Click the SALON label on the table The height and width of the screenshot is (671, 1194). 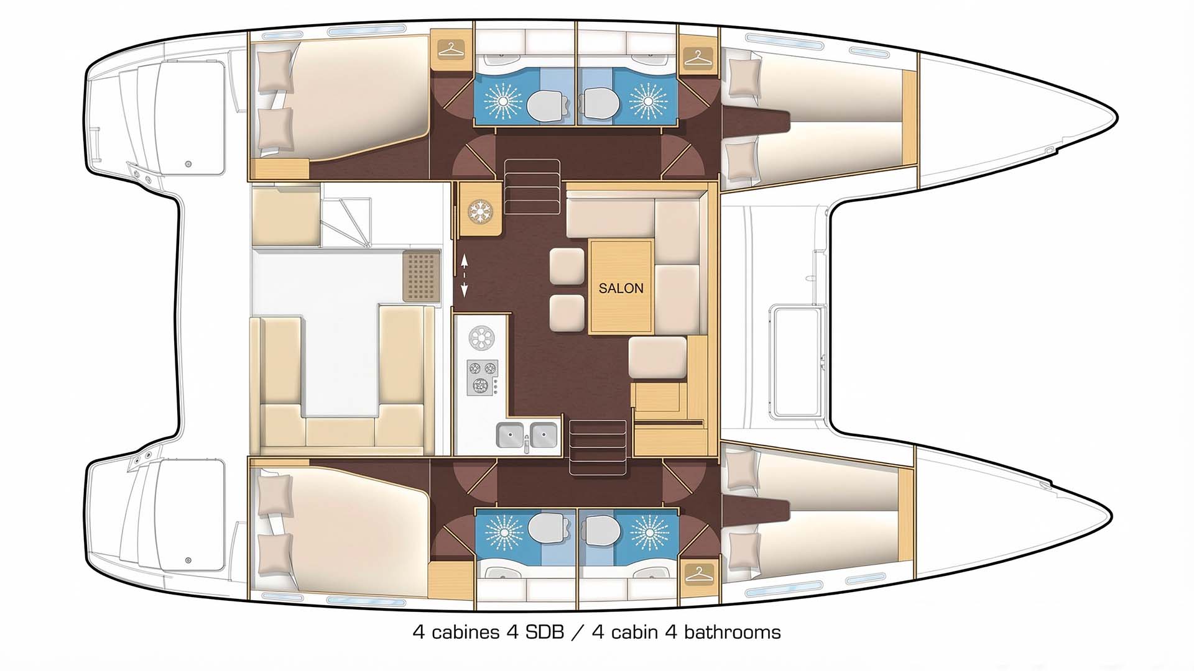pos(621,288)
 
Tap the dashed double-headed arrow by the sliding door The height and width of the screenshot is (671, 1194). pos(464,275)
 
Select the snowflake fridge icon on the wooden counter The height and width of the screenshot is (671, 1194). pos(480,210)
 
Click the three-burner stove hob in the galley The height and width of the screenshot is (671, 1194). pos(483,377)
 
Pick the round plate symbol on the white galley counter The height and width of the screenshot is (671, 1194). pos(481,339)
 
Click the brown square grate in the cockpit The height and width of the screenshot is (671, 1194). pos(421,275)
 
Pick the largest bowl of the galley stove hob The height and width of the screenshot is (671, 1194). pos(479,385)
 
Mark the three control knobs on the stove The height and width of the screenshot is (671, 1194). pos(496,385)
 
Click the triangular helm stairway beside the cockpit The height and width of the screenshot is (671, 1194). pos(347,222)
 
